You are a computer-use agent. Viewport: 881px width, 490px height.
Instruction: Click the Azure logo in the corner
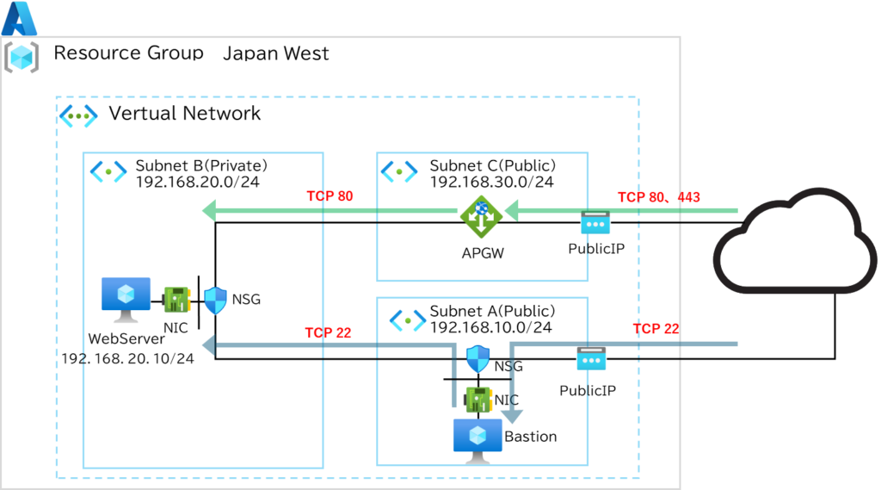[19, 17]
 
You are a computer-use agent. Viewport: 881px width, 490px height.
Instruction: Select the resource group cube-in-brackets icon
[22, 57]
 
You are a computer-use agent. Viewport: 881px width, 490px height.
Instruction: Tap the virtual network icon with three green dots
[78, 115]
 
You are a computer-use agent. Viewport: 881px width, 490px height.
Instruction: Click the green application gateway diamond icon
[481, 216]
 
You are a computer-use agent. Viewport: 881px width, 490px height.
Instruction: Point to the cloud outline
[795, 241]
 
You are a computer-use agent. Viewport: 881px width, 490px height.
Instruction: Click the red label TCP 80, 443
[658, 197]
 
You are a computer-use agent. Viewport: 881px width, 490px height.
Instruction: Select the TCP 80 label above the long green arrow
[330, 196]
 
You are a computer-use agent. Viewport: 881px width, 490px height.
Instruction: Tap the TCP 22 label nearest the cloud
[656, 329]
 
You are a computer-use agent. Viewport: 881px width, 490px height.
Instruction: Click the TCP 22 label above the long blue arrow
[328, 333]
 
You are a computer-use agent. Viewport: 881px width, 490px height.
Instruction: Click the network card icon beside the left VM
[176, 300]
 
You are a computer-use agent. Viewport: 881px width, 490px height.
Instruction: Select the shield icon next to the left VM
[215, 301]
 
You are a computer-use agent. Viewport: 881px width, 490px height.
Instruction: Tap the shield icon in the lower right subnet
[477, 358]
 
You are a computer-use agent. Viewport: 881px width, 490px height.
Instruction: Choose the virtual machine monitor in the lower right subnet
[478, 440]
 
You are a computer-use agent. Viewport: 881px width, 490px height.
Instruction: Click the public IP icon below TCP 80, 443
[595, 222]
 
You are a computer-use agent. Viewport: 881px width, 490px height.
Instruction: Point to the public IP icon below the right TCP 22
[591, 358]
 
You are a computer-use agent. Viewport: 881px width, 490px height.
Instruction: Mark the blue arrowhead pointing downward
[512, 417]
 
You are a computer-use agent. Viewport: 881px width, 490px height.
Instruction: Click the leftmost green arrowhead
[208, 210]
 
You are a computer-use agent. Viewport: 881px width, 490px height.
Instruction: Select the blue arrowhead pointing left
[208, 344]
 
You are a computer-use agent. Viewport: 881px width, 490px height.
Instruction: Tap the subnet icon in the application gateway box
[399, 171]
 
